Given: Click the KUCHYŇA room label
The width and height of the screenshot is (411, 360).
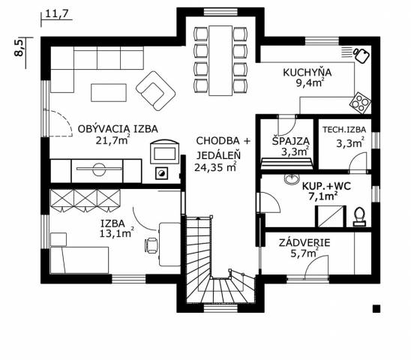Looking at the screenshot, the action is tap(307, 72).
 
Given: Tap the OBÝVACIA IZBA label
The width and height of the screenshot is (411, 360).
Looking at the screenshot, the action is tap(118, 129).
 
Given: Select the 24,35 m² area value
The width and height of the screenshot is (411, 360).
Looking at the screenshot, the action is tap(216, 167).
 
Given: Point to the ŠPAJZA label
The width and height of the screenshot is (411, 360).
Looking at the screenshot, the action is tap(291, 141).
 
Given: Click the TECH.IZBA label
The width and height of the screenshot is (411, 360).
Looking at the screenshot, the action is tap(344, 130).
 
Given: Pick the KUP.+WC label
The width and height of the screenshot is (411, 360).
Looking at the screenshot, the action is tap(326, 186).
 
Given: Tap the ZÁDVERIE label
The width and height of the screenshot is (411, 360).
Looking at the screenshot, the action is tap(304, 243).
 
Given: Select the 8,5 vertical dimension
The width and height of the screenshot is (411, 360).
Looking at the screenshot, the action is tap(19, 48).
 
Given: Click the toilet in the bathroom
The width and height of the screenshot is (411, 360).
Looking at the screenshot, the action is tap(359, 217).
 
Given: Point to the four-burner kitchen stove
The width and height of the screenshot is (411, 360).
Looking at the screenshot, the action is tap(360, 103).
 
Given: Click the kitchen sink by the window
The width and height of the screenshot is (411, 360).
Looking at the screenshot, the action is tap(361, 55).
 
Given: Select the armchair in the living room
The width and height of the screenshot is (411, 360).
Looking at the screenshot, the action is tap(156, 91).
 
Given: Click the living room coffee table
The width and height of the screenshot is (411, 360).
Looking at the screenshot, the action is tap(109, 92).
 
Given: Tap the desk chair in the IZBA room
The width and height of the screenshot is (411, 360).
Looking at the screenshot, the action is tap(151, 246).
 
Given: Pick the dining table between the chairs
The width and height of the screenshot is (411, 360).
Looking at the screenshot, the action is tap(220, 61).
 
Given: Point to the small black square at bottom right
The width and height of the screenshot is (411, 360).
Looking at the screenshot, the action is tap(376, 308).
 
